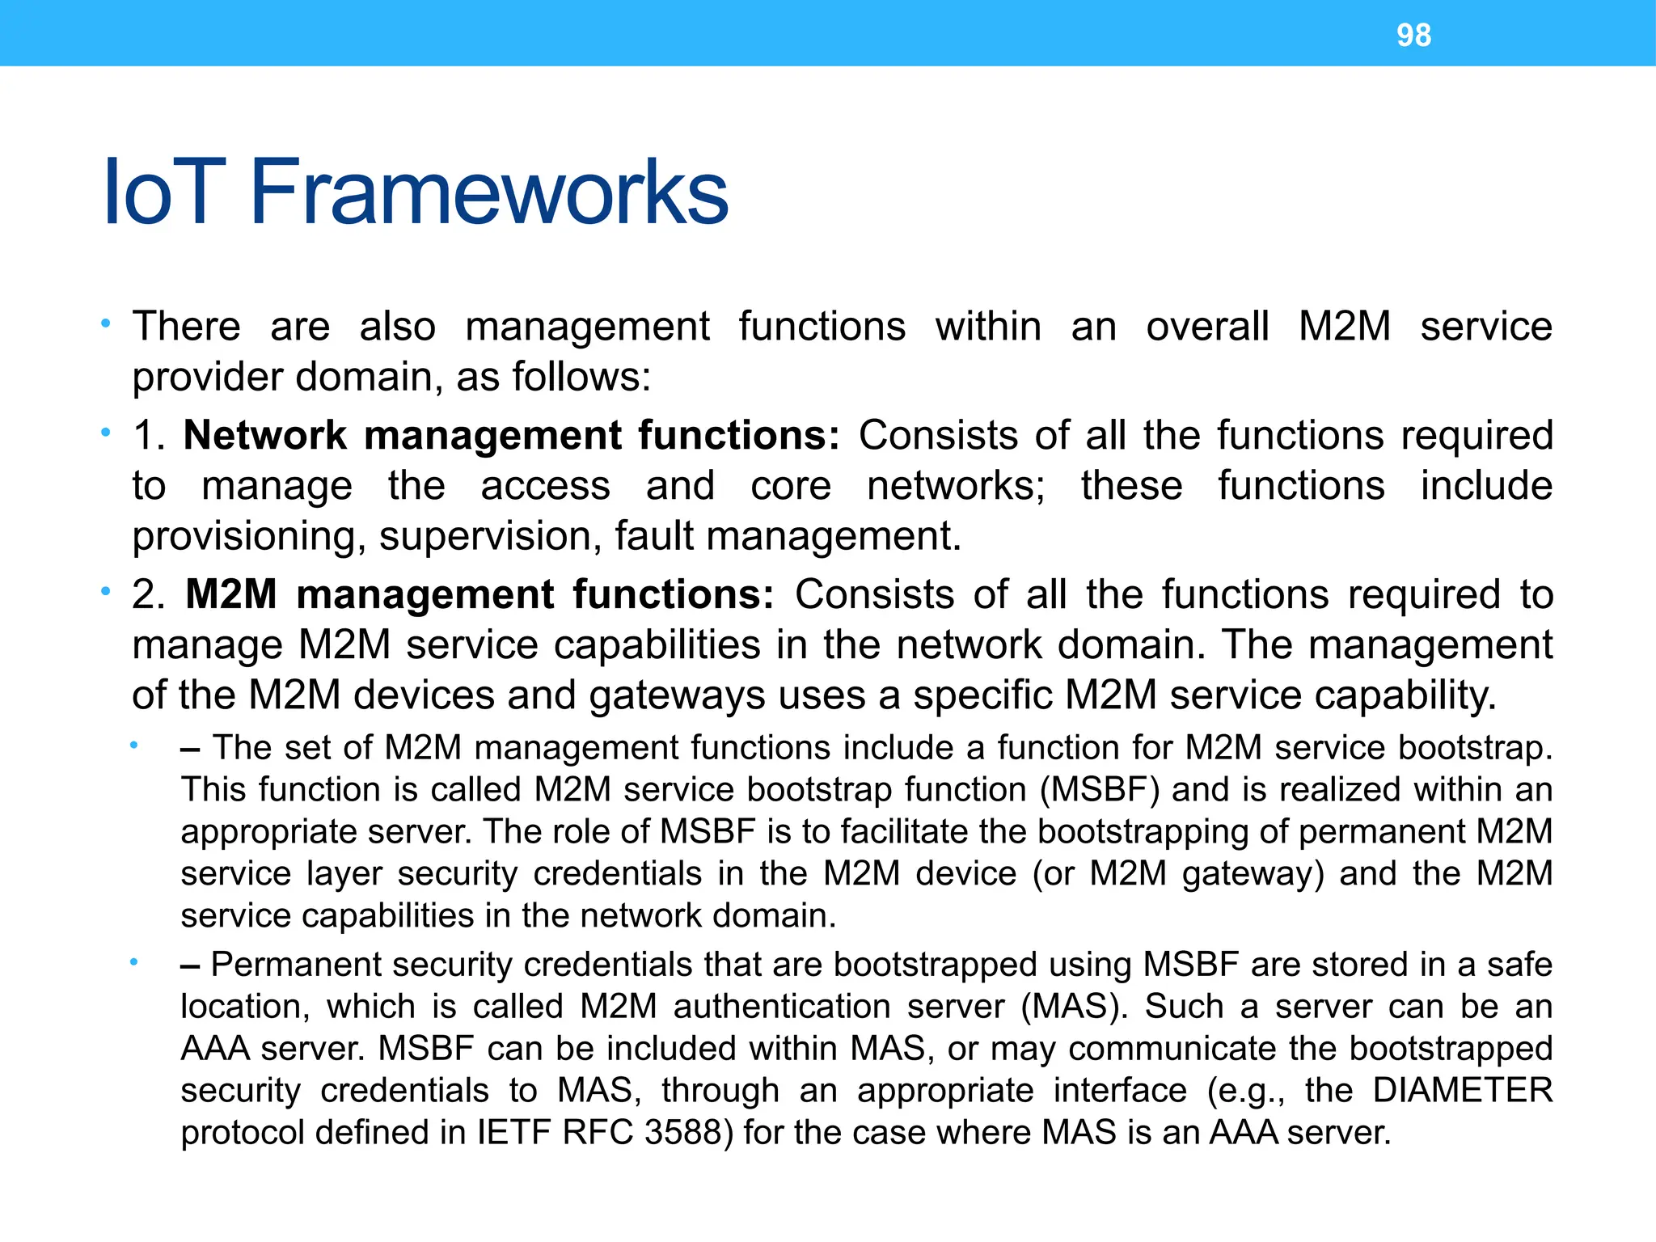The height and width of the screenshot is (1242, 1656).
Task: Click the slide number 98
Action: coord(1413,35)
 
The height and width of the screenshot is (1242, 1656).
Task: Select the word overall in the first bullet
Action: coord(1207,327)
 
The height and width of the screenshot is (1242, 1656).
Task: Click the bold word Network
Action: coord(264,435)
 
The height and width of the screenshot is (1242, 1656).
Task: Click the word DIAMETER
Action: coord(1463,1091)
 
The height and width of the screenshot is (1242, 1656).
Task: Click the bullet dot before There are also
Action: coord(105,324)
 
